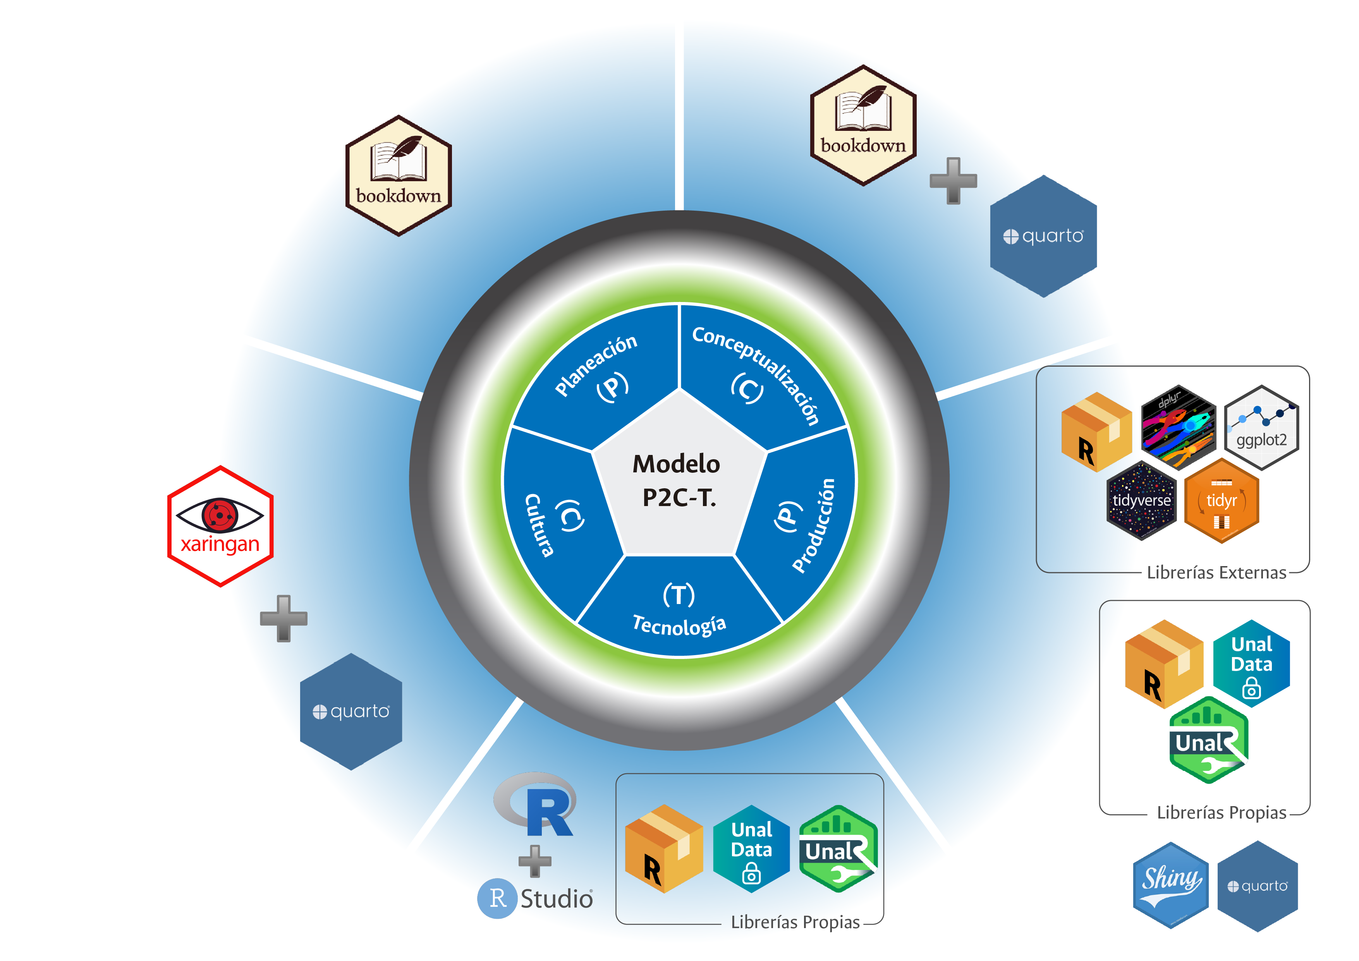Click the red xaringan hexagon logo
[x=220, y=526]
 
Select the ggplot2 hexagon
[x=1261, y=427]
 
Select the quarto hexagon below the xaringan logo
[x=351, y=711]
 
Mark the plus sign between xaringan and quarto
[x=283, y=618]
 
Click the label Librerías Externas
[x=1216, y=573]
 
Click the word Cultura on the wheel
[x=539, y=525]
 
